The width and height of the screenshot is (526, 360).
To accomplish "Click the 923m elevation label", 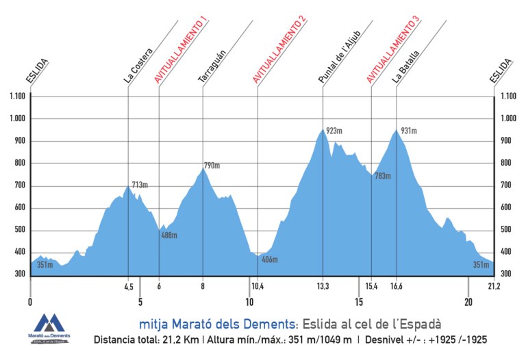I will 334,130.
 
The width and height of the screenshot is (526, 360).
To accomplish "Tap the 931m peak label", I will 409,131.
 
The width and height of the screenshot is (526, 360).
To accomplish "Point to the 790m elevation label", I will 212,166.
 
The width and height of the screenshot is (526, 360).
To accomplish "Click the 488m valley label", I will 169,235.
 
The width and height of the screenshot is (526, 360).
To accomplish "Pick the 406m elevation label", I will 269,259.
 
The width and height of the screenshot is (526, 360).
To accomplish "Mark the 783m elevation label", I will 382,176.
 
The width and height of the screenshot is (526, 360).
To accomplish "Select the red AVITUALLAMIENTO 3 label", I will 393,50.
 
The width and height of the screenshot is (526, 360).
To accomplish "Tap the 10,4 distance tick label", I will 258,286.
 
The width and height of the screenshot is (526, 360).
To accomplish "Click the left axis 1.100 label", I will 18,97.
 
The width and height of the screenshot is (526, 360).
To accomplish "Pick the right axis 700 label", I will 507,185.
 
